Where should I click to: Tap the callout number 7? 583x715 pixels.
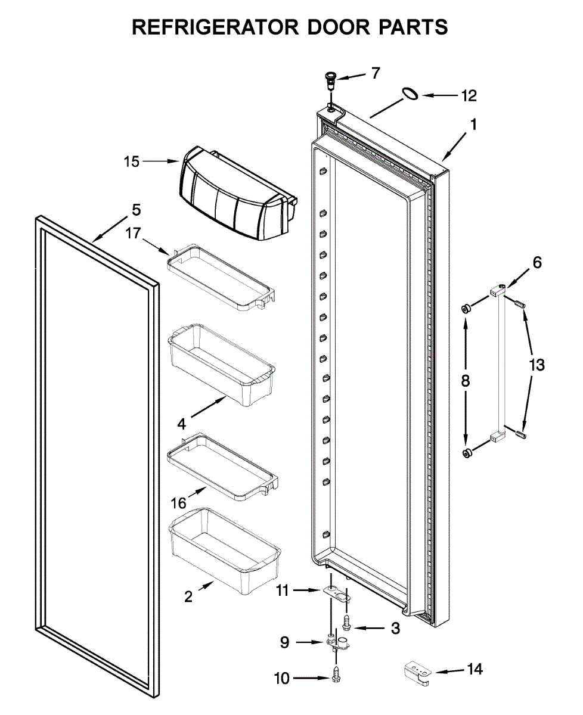(375, 73)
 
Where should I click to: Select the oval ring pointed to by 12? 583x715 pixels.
(408, 93)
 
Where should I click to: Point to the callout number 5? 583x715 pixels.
(136, 210)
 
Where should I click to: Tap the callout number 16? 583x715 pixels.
(179, 503)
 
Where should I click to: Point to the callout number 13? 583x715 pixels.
(537, 365)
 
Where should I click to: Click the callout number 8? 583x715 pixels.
(466, 381)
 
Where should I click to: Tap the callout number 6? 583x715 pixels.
(537, 262)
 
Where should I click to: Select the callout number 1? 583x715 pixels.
(473, 125)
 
